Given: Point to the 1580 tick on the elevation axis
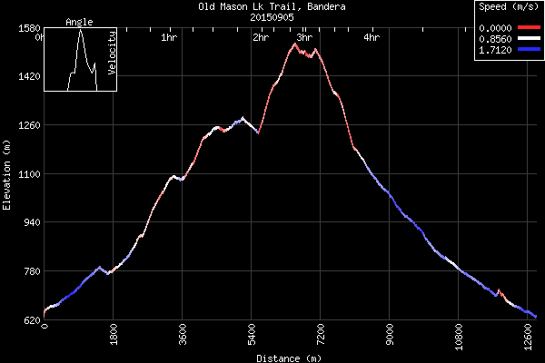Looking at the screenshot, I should [x=27, y=28].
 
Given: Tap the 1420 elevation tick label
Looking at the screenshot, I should [x=27, y=77].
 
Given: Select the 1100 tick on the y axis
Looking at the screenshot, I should [x=27, y=174].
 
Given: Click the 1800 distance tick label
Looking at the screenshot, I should [x=114, y=336].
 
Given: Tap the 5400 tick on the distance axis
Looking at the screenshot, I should [x=253, y=336].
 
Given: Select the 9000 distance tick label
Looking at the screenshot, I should [x=391, y=336].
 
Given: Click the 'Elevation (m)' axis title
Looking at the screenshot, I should [x=7, y=174].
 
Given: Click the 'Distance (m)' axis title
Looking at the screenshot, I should [x=289, y=358].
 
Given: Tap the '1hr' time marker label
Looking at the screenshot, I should [x=168, y=38].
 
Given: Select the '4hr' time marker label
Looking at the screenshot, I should [x=371, y=38].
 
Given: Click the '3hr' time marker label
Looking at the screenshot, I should [x=305, y=38].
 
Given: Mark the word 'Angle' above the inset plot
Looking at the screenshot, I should [x=80, y=22].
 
